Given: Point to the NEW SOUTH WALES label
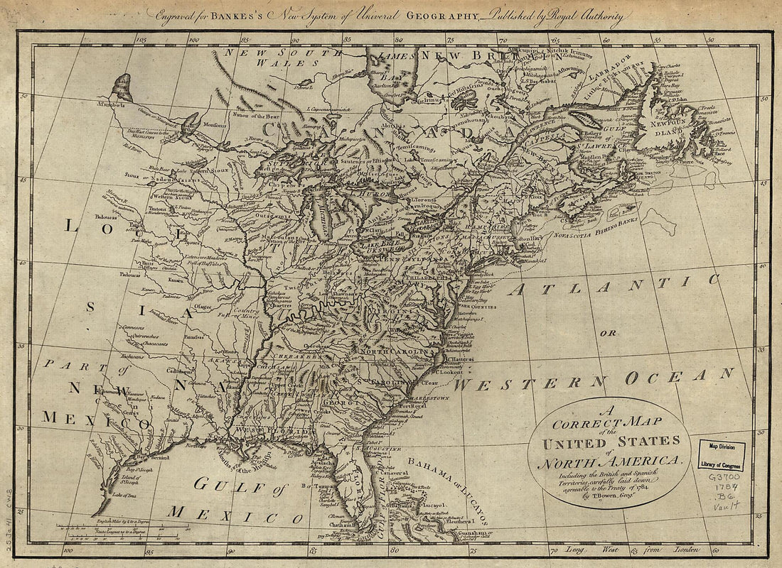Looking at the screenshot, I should [x=270, y=57].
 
